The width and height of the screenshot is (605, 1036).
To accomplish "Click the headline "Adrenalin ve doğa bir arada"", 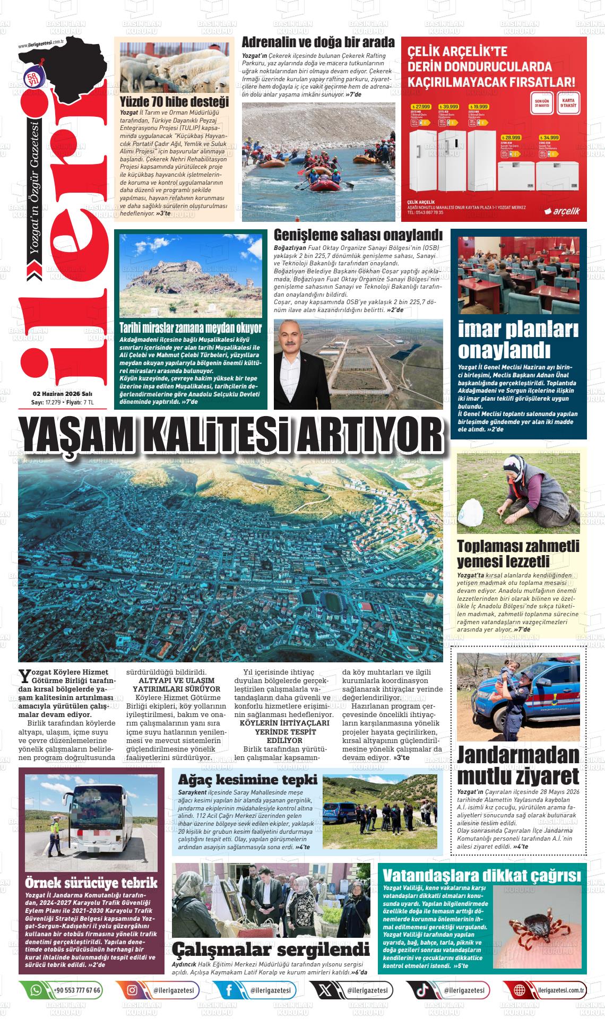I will (x=318, y=42).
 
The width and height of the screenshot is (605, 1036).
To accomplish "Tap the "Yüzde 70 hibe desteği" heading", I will (x=174, y=101).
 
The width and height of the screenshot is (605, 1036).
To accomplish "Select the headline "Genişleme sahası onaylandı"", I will (x=358, y=235).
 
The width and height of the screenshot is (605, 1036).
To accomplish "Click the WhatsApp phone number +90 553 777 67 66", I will (x=77, y=990).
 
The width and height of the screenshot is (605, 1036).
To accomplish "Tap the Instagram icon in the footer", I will (x=132, y=990).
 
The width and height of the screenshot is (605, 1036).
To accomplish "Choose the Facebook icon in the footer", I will (x=229, y=990).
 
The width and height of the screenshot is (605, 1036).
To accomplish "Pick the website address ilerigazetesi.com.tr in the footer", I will (x=560, y=990).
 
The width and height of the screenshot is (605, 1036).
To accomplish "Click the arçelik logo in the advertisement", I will (x=563, y=211).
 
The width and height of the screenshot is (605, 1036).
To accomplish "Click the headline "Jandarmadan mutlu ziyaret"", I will (x=517, y=765).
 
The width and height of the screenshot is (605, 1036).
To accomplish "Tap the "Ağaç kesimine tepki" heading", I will (x=248, y=780).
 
